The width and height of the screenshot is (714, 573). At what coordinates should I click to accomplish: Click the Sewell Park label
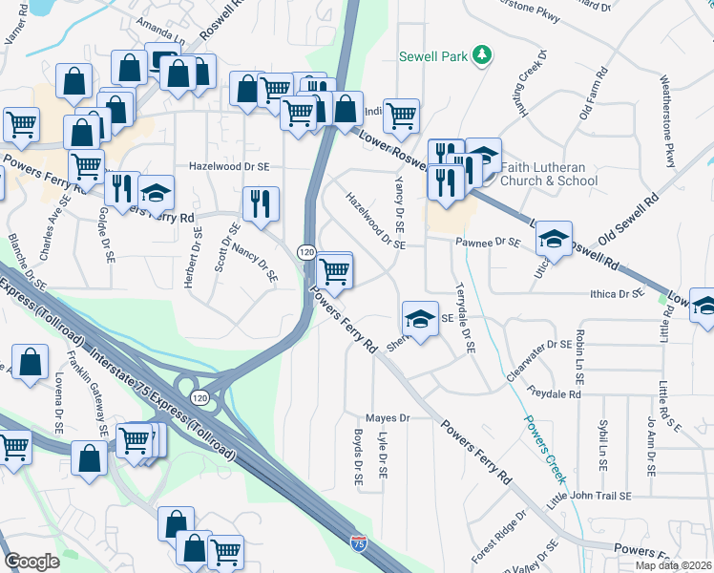pos(433,56)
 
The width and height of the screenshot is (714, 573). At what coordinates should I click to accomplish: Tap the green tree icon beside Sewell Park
pos(483,55)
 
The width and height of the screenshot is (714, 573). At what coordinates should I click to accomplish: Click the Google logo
pos(31,561)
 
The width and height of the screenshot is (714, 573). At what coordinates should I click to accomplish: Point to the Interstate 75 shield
pos(358,543)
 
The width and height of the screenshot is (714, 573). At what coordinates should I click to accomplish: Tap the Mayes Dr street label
pos(388,418)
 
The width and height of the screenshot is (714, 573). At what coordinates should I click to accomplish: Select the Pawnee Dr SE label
pos(487,244)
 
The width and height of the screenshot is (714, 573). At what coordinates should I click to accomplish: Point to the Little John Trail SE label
pos(589,497)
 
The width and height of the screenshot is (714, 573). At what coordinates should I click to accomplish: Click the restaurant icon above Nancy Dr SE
pos(260,202)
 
